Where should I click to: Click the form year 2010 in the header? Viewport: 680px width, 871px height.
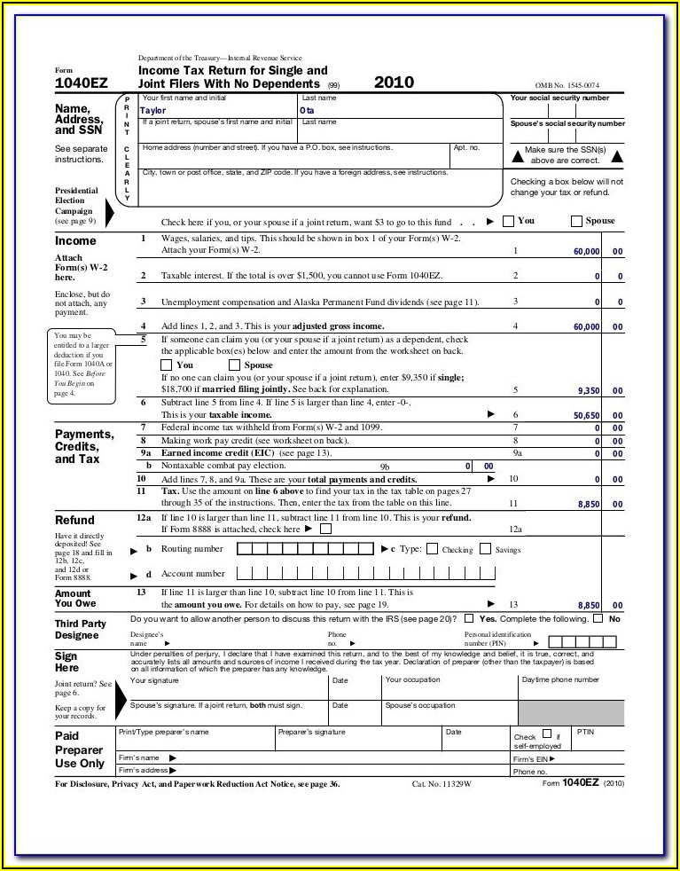pos(394,82)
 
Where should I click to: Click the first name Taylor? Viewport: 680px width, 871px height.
pos(153,111)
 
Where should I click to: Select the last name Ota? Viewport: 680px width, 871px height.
pos(307,111)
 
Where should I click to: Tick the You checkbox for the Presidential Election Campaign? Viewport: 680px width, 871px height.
pos(508,221)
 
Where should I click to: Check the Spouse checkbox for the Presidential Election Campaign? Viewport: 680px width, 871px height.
pos(576,221)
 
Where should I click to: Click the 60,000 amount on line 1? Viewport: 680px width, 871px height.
pos(586,252)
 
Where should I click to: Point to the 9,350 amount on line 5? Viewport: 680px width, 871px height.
pos(590,390)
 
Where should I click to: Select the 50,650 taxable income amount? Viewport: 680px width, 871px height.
pos(586,415)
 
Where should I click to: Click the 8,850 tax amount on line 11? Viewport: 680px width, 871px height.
pos(590,504)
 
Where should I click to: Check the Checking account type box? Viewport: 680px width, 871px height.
pos(432,549)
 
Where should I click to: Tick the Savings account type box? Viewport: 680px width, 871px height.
pos(485,549)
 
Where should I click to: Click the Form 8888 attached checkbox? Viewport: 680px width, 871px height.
pos(325,529)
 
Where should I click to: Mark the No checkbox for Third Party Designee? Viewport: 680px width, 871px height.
pos(598,618)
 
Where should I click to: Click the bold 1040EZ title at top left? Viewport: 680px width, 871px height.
pos(81,83)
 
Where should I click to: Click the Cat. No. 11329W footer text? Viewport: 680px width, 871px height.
pos(442,785)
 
